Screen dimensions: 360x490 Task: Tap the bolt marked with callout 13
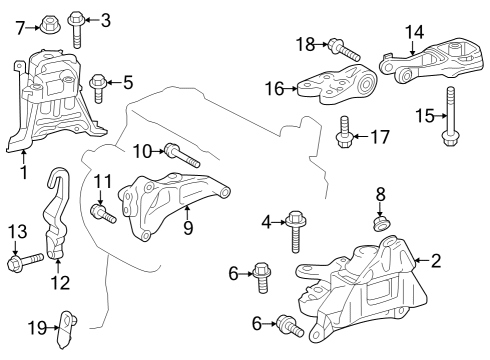pyautogui.click(x=22, y=263)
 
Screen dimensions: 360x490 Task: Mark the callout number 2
pyautogui.click(x=435, y=261)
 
